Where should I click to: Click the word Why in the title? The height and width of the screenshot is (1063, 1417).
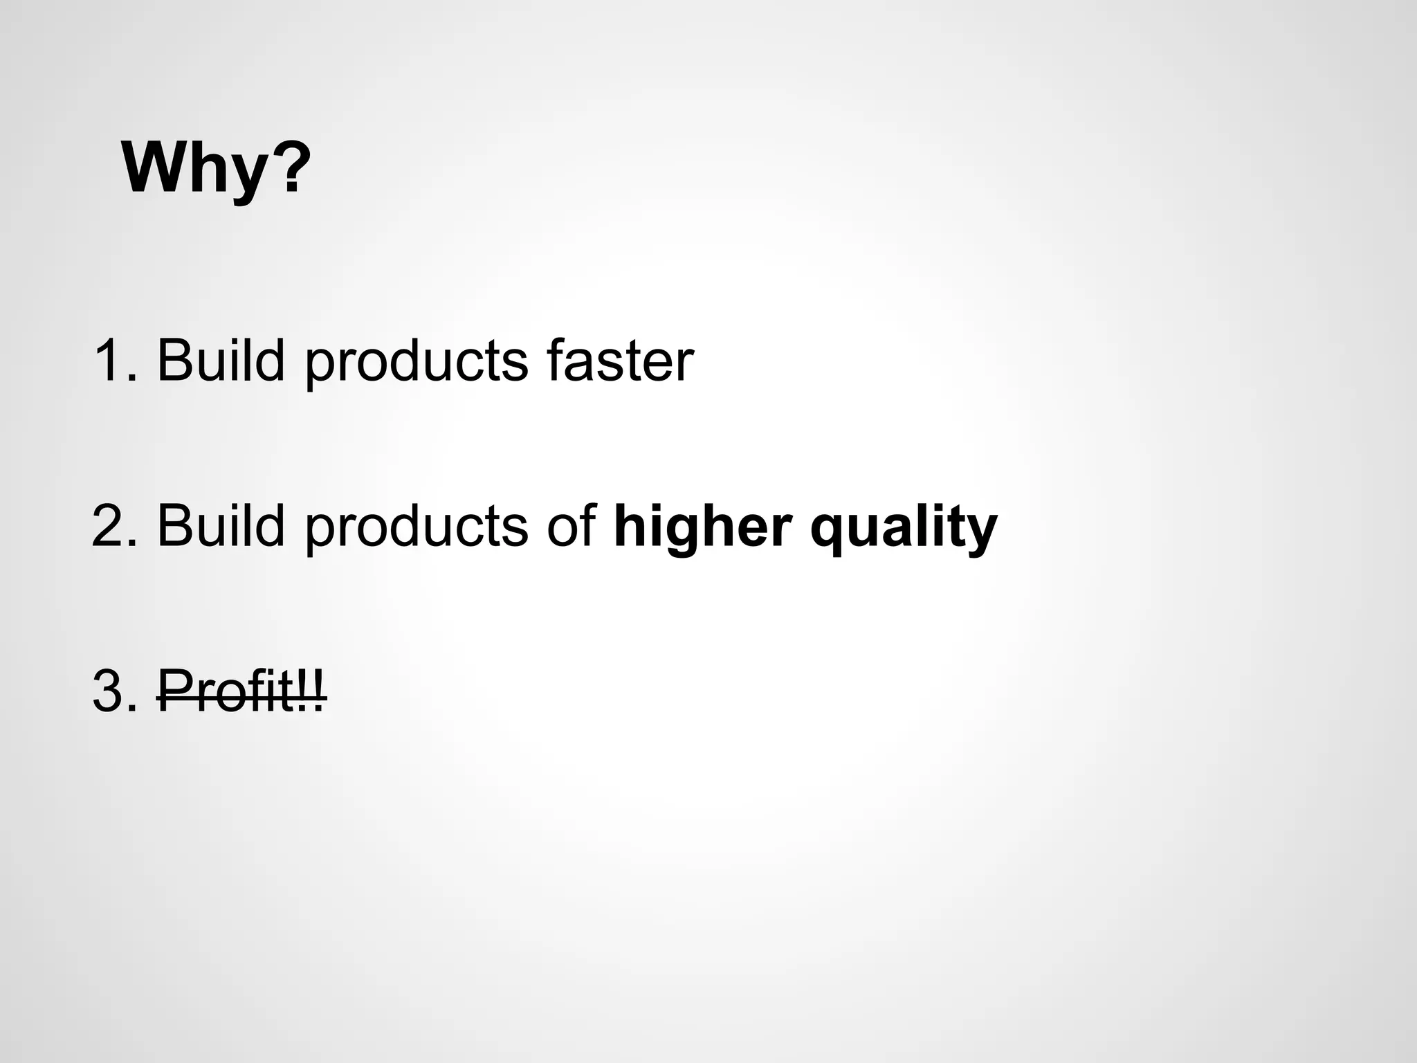point(194,170)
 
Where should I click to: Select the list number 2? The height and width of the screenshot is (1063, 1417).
point(111,526)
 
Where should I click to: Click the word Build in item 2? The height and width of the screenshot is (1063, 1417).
point(221,526)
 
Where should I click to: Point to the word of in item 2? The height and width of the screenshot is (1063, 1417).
point(572,526)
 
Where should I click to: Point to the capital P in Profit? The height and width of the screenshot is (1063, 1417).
point(172,691)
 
